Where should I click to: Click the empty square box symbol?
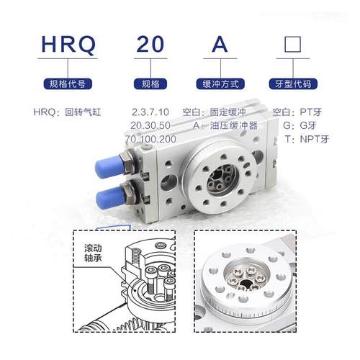coord(292,47)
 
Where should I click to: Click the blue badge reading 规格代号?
coord(68,84)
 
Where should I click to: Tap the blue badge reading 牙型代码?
coord(292,84)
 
